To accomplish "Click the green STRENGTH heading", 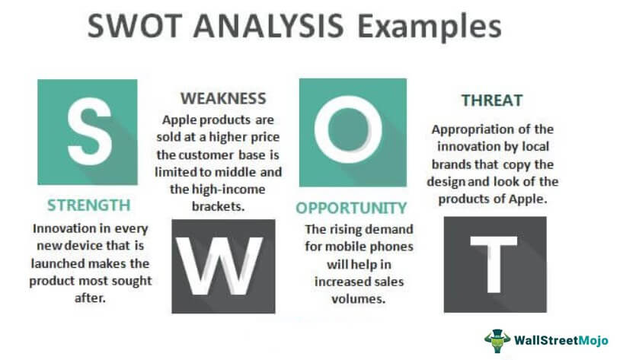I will tap(88, 205).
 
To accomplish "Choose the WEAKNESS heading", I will tap(222, 98).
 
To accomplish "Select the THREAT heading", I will tap(491, 100).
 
